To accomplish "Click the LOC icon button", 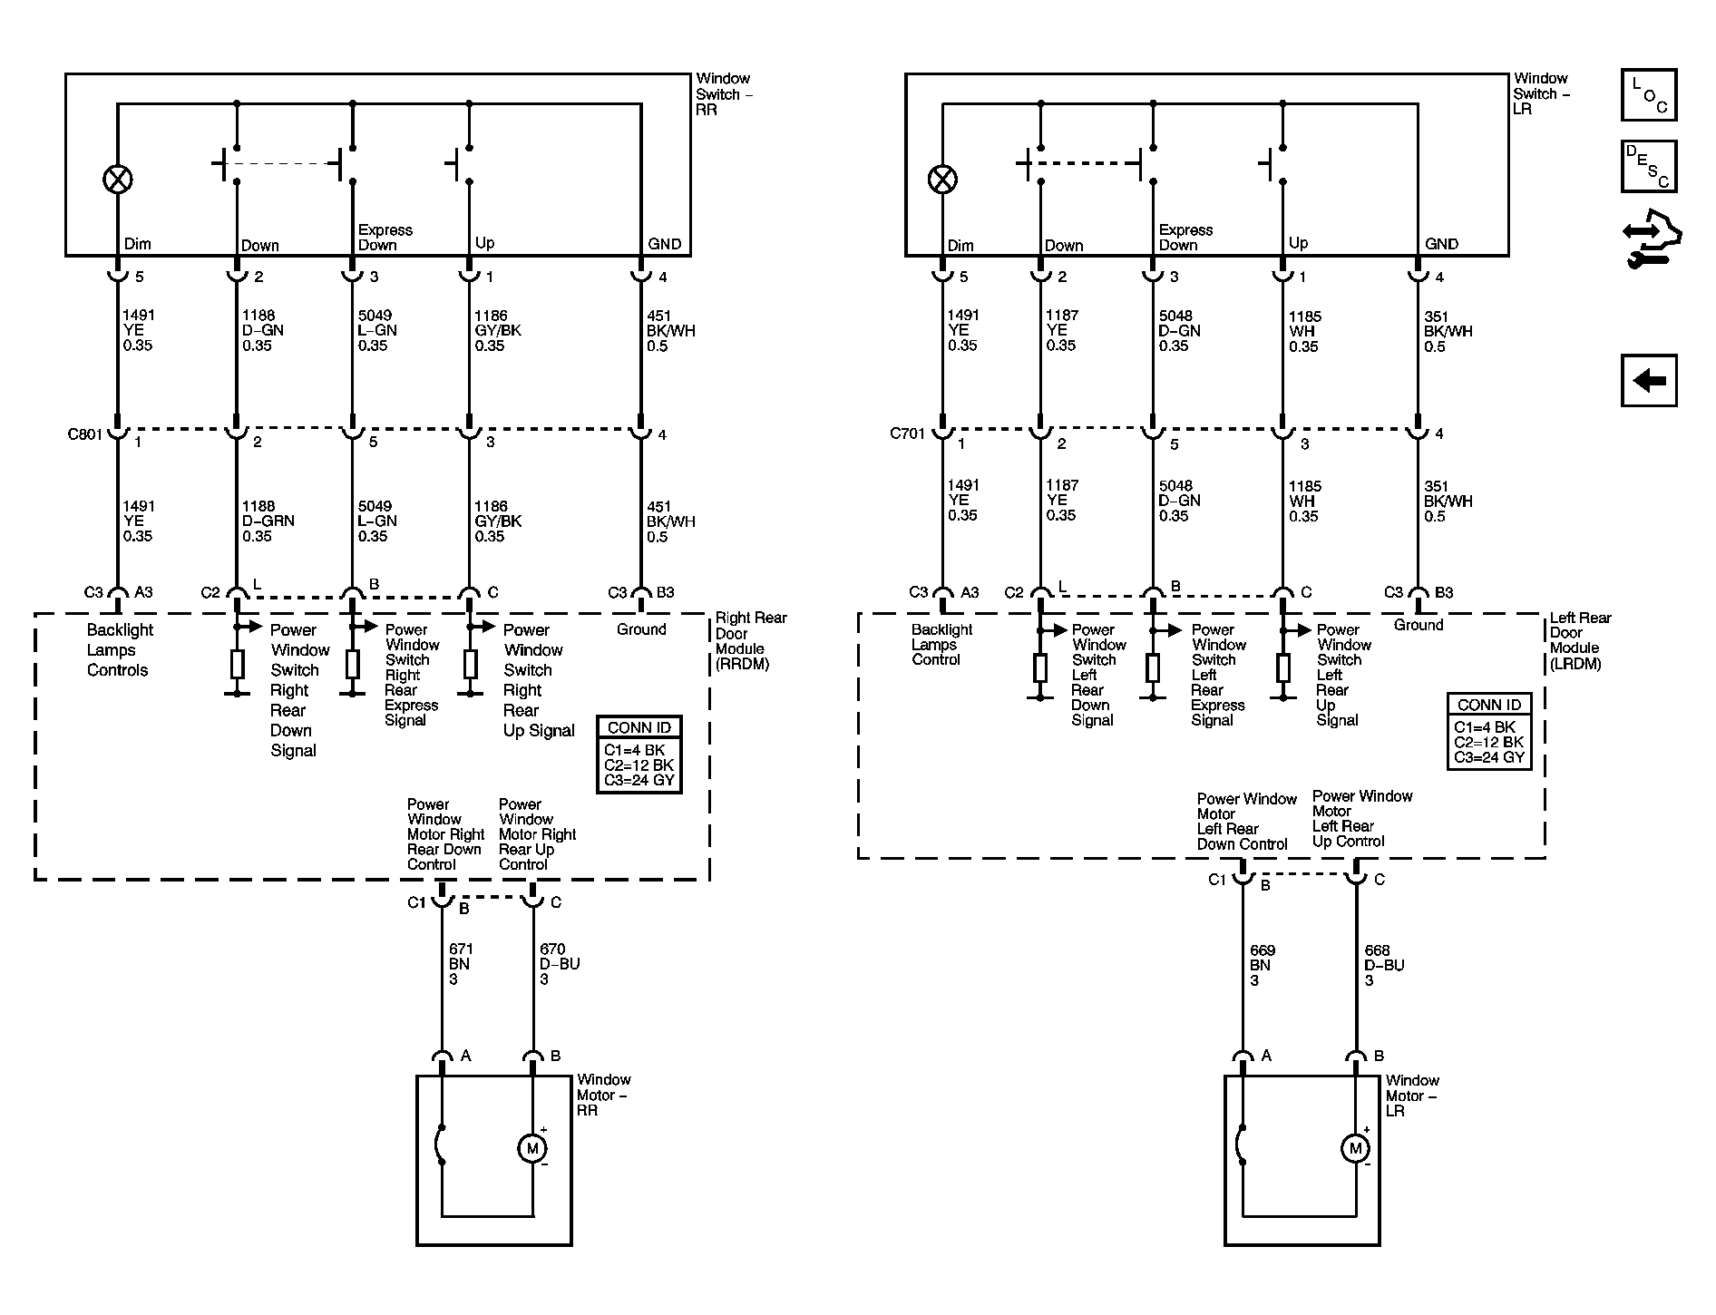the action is pos(1649,94).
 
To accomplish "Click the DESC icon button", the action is pos(1649,166).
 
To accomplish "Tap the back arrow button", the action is pos(1649,380).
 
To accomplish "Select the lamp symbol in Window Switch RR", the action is pos(117,180).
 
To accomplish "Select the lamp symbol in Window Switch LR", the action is pos(942,180).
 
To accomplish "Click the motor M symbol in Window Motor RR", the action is pos(532,1148).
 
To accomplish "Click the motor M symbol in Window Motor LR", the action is pos(1355,1148).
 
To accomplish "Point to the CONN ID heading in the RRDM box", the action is pos(639,727).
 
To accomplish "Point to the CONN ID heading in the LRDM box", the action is pos(1489,705).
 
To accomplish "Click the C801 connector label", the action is pos(85,433).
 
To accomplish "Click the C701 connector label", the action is pos(907,433).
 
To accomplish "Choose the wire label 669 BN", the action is pos(1263,965).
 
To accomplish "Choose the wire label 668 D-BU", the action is pos(1384,965).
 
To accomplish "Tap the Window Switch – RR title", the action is pos(725,94).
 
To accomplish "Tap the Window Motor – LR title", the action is pos(1412,1096).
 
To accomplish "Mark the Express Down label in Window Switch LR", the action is pos(1185,238).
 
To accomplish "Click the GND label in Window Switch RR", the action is pos(664,244).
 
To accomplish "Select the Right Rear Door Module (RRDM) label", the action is pos(751,640).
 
